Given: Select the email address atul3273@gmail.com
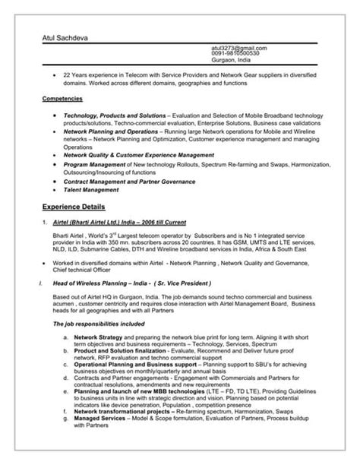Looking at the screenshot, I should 239,48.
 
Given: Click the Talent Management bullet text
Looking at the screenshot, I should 96,189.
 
